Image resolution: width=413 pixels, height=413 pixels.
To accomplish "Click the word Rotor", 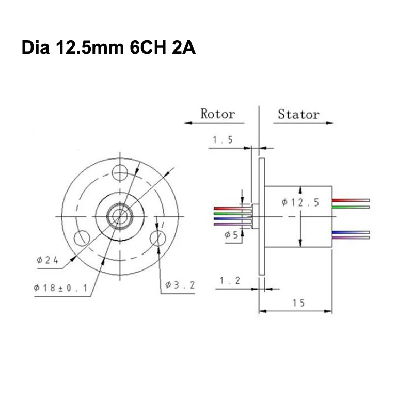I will tap(217, 114).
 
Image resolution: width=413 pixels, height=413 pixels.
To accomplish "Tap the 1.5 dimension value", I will tap(223, 140).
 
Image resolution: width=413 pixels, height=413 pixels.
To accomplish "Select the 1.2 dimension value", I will tap(229, 280).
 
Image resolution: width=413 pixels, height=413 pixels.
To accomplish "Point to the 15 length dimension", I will tap(298, 303).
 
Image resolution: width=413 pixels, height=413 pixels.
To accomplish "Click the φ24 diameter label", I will tap(48, 260).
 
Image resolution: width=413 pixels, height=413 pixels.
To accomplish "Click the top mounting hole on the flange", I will tap(120, 172).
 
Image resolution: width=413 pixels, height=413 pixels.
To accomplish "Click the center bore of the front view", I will tap(120, 215).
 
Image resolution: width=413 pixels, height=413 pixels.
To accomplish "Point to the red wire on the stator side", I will tap(351, 200).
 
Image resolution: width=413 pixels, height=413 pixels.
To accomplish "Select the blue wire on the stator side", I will tap(351, 232).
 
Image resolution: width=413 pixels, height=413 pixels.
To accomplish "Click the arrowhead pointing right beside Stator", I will tap(330, 123).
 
